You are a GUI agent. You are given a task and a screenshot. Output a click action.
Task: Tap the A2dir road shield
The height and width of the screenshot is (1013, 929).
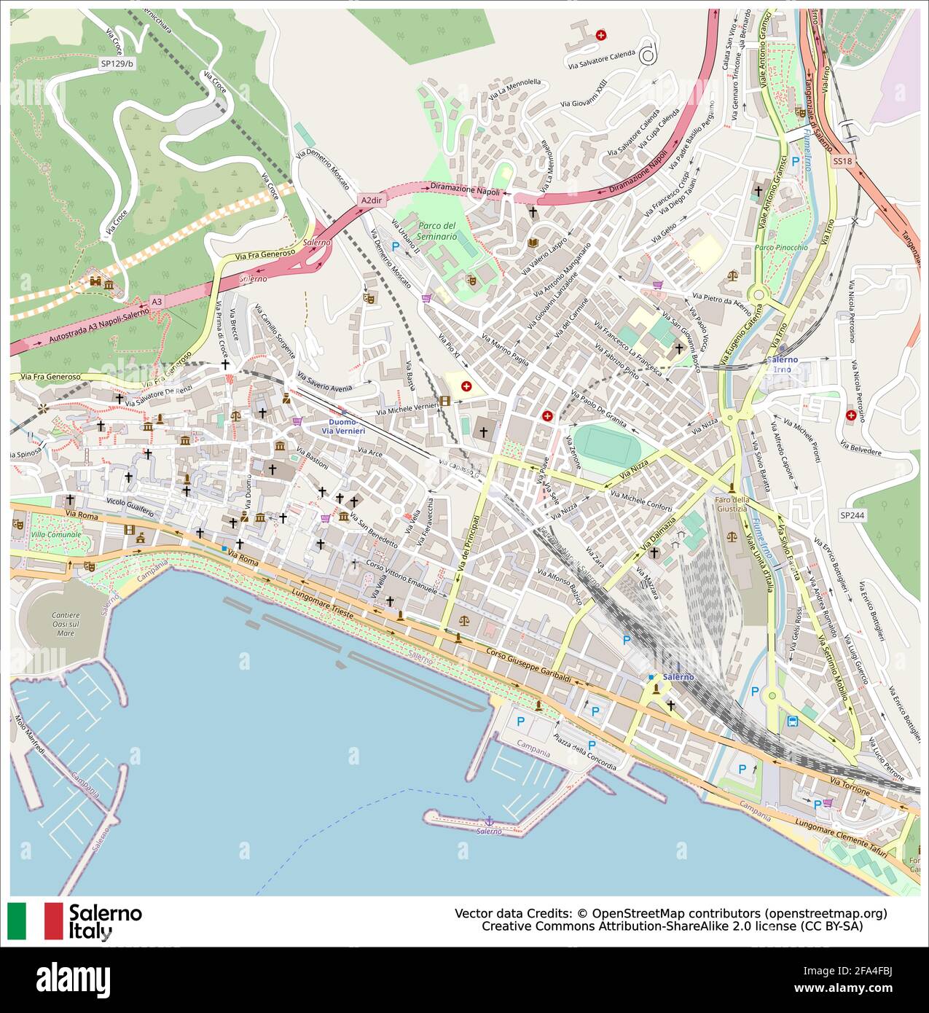pyautogui.click(x=370, y=200)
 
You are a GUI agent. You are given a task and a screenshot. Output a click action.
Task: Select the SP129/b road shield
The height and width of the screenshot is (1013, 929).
pyautogui.click(x=117, y=63)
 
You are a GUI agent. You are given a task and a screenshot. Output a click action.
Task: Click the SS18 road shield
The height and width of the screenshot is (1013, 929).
pyautogui.click(x=842, y=160)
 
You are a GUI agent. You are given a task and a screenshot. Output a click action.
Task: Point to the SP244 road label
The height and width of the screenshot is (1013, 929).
pyautogui.click(x=851, y=515)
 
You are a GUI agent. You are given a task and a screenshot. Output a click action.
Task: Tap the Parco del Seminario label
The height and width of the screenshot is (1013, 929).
pyautogui.click(x=437, y=231)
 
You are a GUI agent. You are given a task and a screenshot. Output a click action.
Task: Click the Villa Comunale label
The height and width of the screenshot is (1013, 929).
pyautogui.click(x=56, y=536)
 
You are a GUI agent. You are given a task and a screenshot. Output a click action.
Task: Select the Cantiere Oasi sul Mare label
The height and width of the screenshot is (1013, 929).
pyautogui.click(x=66, y=625)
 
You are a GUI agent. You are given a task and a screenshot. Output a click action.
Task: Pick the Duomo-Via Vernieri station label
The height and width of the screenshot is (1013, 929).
pyautogui.click(x=342, y=426)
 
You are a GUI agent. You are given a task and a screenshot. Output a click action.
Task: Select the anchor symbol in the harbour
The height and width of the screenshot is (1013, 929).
pyautogui.click(x=489, y=821)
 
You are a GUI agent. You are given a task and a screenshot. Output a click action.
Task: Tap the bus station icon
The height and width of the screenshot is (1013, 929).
pyautogui.click(x=793, y=721)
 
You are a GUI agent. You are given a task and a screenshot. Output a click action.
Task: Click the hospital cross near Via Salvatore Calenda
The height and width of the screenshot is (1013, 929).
pyautogui.click(x=600, y=34)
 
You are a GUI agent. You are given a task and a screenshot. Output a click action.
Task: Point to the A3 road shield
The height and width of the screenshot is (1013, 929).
pyautogui.click(x=157, y=301)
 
